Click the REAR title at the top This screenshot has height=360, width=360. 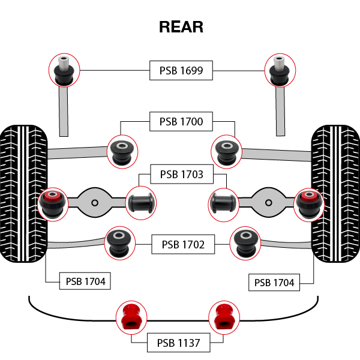pos(181,27)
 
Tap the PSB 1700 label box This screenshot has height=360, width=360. pos(181,122)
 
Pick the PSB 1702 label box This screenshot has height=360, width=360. pos(182,244)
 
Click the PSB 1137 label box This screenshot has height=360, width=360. pos(179,343)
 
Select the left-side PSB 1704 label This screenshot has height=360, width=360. pos(85,281)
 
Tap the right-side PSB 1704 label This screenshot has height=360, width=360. pos(274,283)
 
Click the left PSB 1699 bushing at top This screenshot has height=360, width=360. pos(64,70)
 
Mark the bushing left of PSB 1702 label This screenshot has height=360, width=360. pos(120,242)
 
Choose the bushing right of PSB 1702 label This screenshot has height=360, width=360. pos(246,242)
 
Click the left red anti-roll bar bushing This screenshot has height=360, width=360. pos(130,316)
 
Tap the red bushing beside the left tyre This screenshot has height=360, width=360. pos(53,203)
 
